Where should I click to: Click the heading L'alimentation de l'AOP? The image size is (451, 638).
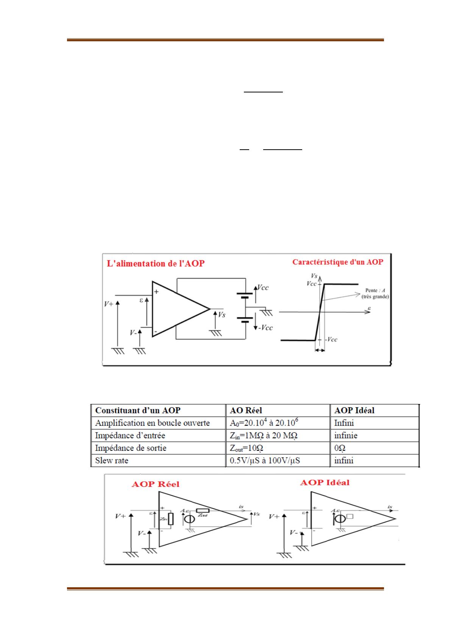click(156, 263)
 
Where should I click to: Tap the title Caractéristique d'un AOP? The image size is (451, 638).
click(337, 262)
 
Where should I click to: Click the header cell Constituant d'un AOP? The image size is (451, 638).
click(138, 410)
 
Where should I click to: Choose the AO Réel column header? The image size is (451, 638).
click(246, 410)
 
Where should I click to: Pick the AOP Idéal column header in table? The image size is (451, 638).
click(354, 410)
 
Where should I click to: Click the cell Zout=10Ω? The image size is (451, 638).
click(247, 448)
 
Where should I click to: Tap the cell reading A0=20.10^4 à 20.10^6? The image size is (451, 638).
click(261, 422)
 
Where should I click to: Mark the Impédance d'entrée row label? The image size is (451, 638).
click(130, 435)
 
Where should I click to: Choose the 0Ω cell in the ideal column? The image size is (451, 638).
click(340, 448)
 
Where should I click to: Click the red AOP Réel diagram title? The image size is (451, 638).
click(155, 484)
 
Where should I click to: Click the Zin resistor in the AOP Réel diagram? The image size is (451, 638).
click(171, 519)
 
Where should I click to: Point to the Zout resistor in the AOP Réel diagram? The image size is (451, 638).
click(200, 511)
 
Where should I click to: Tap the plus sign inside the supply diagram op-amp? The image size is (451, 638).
click(156, 292)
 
